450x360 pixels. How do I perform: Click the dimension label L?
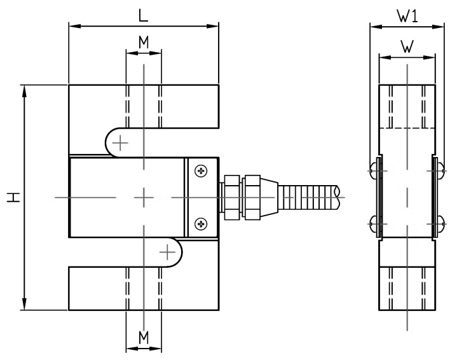point(144,15)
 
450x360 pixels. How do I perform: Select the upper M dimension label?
point(144,42)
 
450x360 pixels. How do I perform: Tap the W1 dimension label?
point(407,17)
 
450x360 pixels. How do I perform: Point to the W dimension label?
point(407,46)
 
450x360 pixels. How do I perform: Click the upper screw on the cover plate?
point(201,171)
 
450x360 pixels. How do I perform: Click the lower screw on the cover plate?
point(201,223)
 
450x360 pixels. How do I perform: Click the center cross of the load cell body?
point(144,197)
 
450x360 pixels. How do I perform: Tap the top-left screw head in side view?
point(372,170)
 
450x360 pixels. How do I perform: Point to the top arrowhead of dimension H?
point(24,88)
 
